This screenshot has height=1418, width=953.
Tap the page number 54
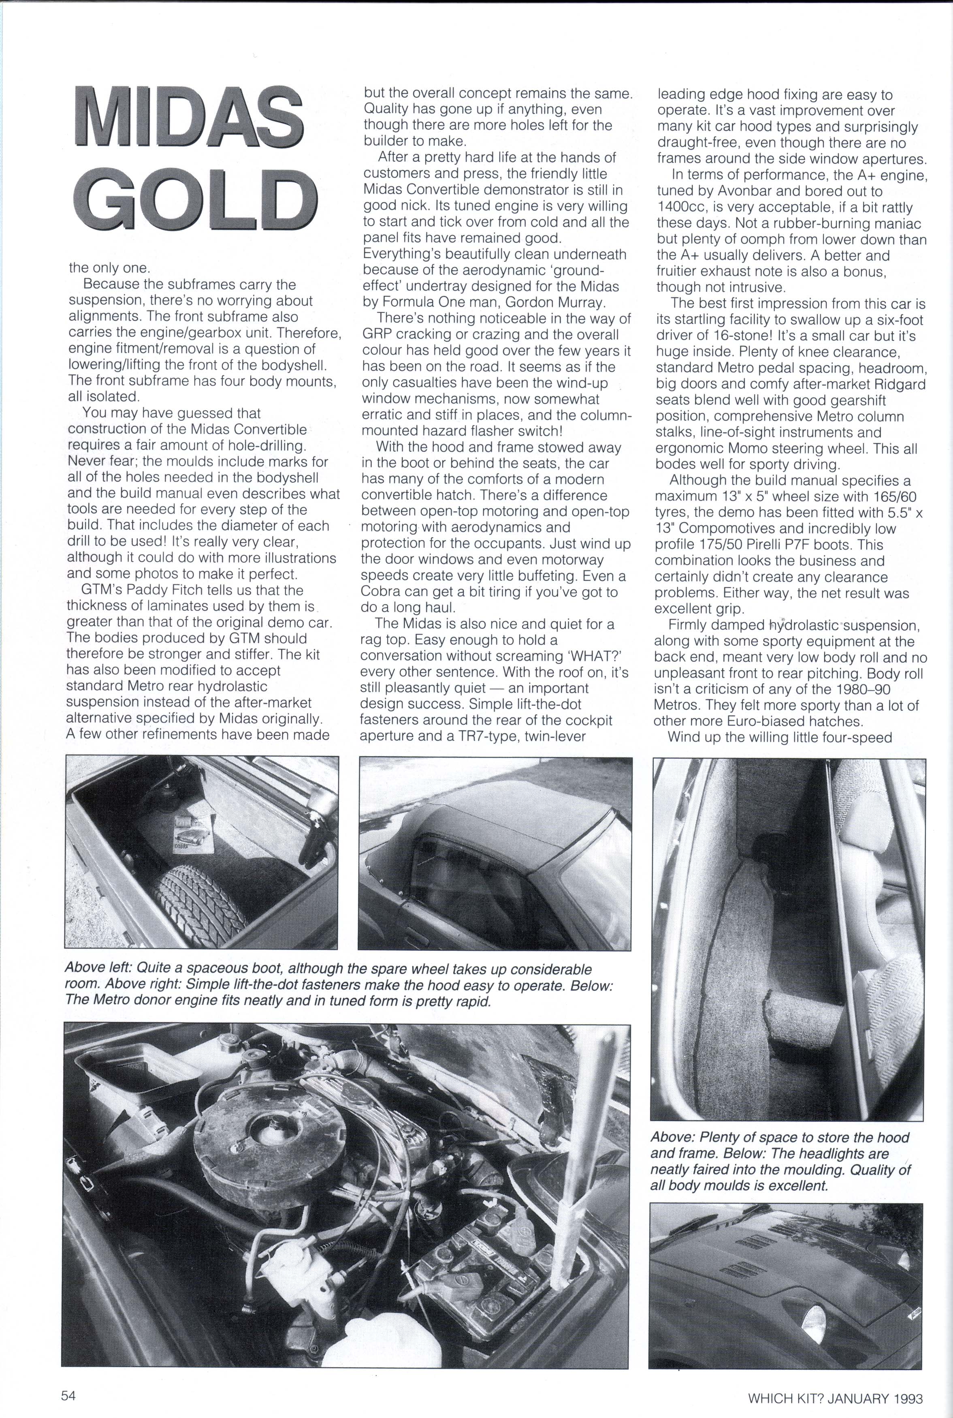(x=68, y=1378)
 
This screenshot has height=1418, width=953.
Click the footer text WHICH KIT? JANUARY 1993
(x=835, y=1381)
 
